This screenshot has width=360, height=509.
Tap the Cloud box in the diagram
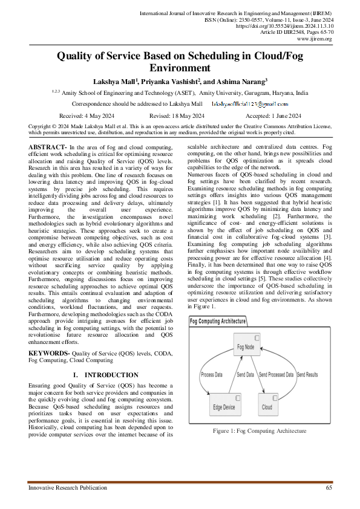tap(267, 406)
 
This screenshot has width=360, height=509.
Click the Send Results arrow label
tap(307, 375)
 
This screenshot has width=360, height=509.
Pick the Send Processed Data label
tap(276, 375)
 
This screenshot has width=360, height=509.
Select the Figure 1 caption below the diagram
tap(260, 431)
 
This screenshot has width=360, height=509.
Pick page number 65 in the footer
tap(329, 487)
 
